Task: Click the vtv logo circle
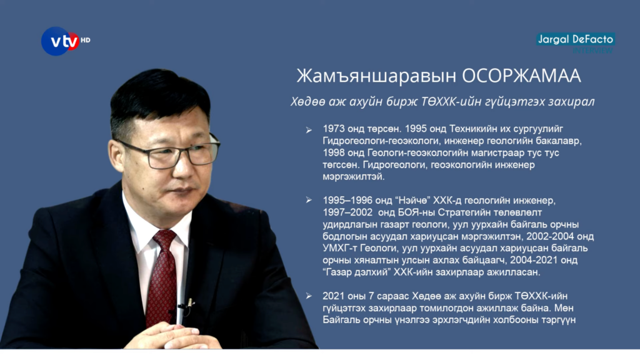pos(59,41)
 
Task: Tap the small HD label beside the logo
pos(85,40)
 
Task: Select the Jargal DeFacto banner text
pos(576,39)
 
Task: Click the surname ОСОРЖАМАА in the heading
pos(521,76)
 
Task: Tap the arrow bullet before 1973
pos(309,130)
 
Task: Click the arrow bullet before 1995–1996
pos(309,200)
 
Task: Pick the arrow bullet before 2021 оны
pos(309,296)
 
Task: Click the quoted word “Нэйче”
pos(412,201)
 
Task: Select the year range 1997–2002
pos(347,212)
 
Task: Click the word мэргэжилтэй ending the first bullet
pos(354,177)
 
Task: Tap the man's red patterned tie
pos(163,278)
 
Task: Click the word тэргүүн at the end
pos(556,320)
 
